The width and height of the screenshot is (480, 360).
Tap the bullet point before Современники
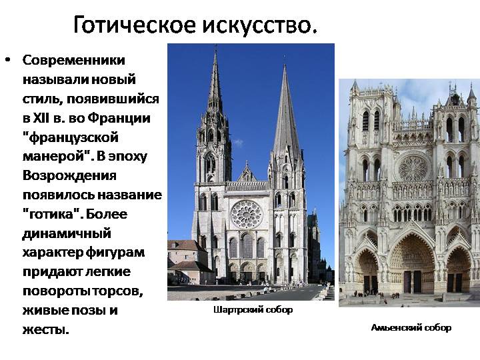pos(8,59)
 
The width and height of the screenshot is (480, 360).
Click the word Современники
pos(74,60)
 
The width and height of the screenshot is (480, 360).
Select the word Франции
pos(119,119)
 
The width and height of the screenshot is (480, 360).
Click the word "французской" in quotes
pos(71,138)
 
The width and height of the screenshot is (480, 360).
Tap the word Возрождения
pos(69,176)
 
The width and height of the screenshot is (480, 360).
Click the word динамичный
pos(67,234)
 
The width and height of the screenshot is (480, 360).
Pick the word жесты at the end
pos(45,330)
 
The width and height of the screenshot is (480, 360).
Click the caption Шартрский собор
pos(253,310)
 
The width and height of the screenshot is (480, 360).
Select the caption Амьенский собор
pos(411,328)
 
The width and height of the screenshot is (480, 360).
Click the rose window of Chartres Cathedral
pos(247,214)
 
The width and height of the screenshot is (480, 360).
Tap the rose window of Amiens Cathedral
pos(413,168)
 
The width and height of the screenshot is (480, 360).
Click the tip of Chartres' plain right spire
pos(285,65)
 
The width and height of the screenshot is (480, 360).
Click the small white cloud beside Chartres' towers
pos(237,143)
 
